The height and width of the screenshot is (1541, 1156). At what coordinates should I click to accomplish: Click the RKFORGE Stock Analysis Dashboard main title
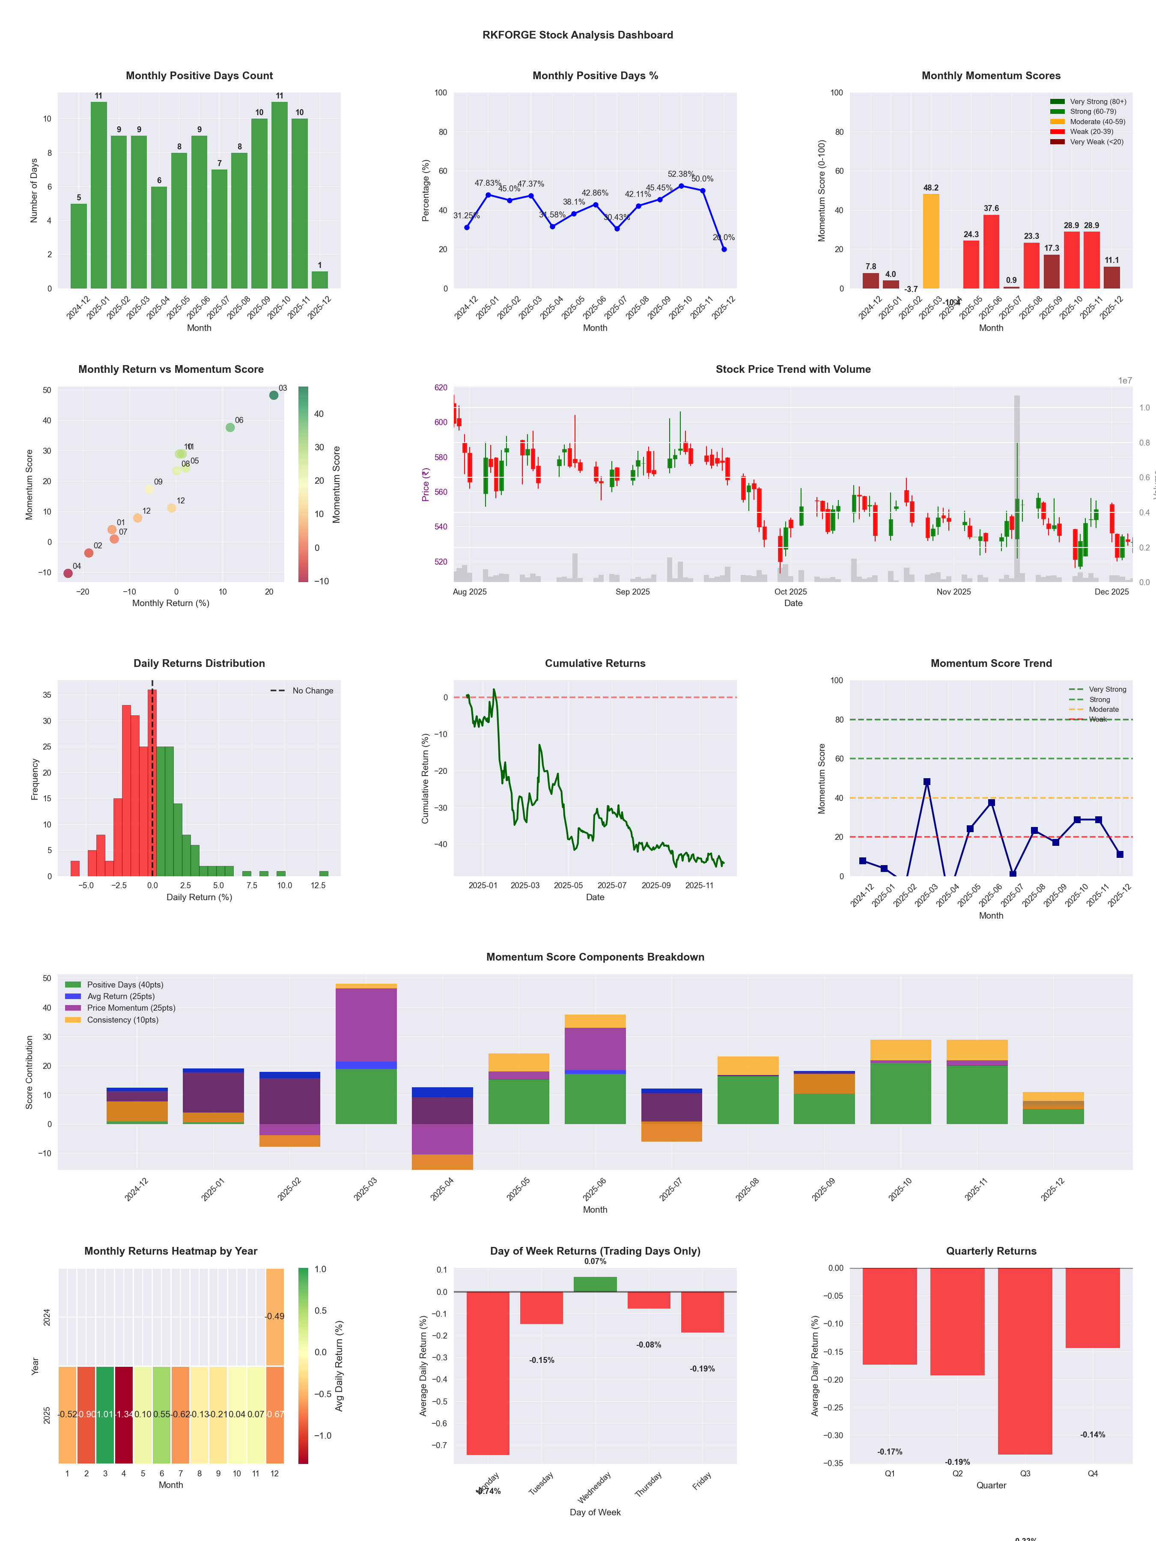point(578,35)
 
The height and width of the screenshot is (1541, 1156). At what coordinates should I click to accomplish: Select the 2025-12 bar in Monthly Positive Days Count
point(320,280)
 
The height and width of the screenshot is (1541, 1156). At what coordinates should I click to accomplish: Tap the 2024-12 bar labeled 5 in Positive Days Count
point(79,246)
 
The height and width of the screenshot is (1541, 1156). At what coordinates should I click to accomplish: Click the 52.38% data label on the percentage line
point(680,174)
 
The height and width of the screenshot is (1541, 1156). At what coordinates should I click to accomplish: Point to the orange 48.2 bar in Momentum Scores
point(930,241)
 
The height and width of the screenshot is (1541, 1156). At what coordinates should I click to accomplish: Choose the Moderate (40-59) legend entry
point(1097,122)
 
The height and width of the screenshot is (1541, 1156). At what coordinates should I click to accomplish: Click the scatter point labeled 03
point(274,395)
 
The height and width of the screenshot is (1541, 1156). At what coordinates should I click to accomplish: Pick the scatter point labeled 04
point(68,573)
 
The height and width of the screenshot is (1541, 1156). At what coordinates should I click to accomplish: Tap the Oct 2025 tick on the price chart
point(790,592)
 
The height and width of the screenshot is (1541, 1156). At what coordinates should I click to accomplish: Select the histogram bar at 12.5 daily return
point(323,874)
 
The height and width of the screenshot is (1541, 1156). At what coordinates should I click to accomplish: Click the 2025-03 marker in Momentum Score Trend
point(927,782)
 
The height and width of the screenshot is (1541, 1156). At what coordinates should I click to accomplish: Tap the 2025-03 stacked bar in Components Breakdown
point(366,1054)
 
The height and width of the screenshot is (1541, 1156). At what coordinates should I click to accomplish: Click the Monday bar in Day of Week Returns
point(488,1372)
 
